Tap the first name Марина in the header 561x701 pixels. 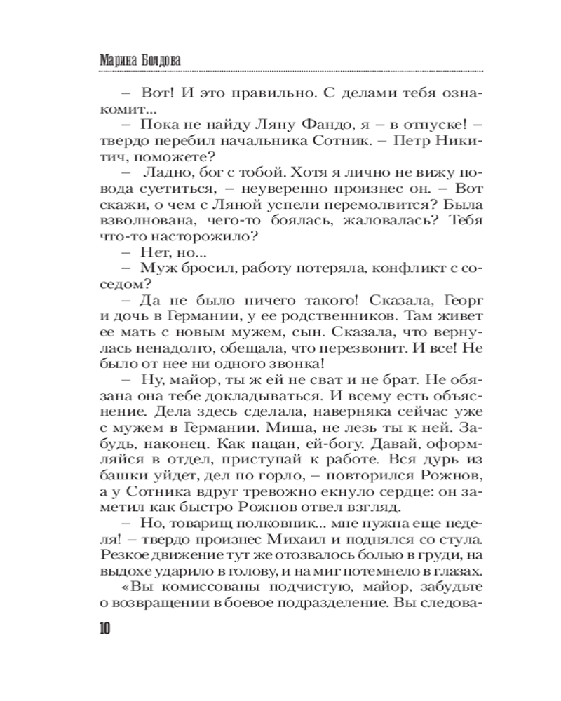pyautogui.click(x=114, y=60)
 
